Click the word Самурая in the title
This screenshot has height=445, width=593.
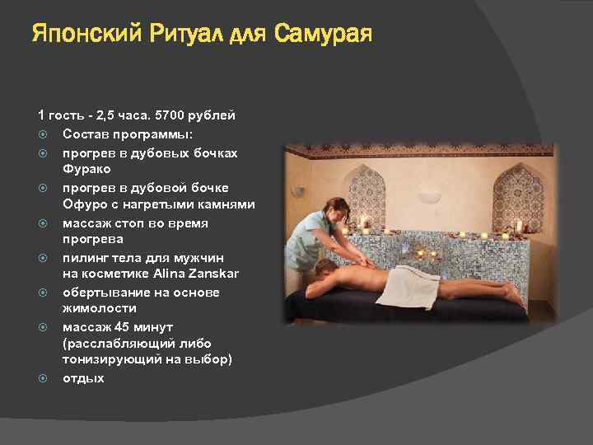click(322, 35)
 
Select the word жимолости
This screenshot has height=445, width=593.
click(94, 308)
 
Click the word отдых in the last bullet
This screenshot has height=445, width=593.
click(83, 378)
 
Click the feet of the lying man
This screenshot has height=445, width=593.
click(516, 294)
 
